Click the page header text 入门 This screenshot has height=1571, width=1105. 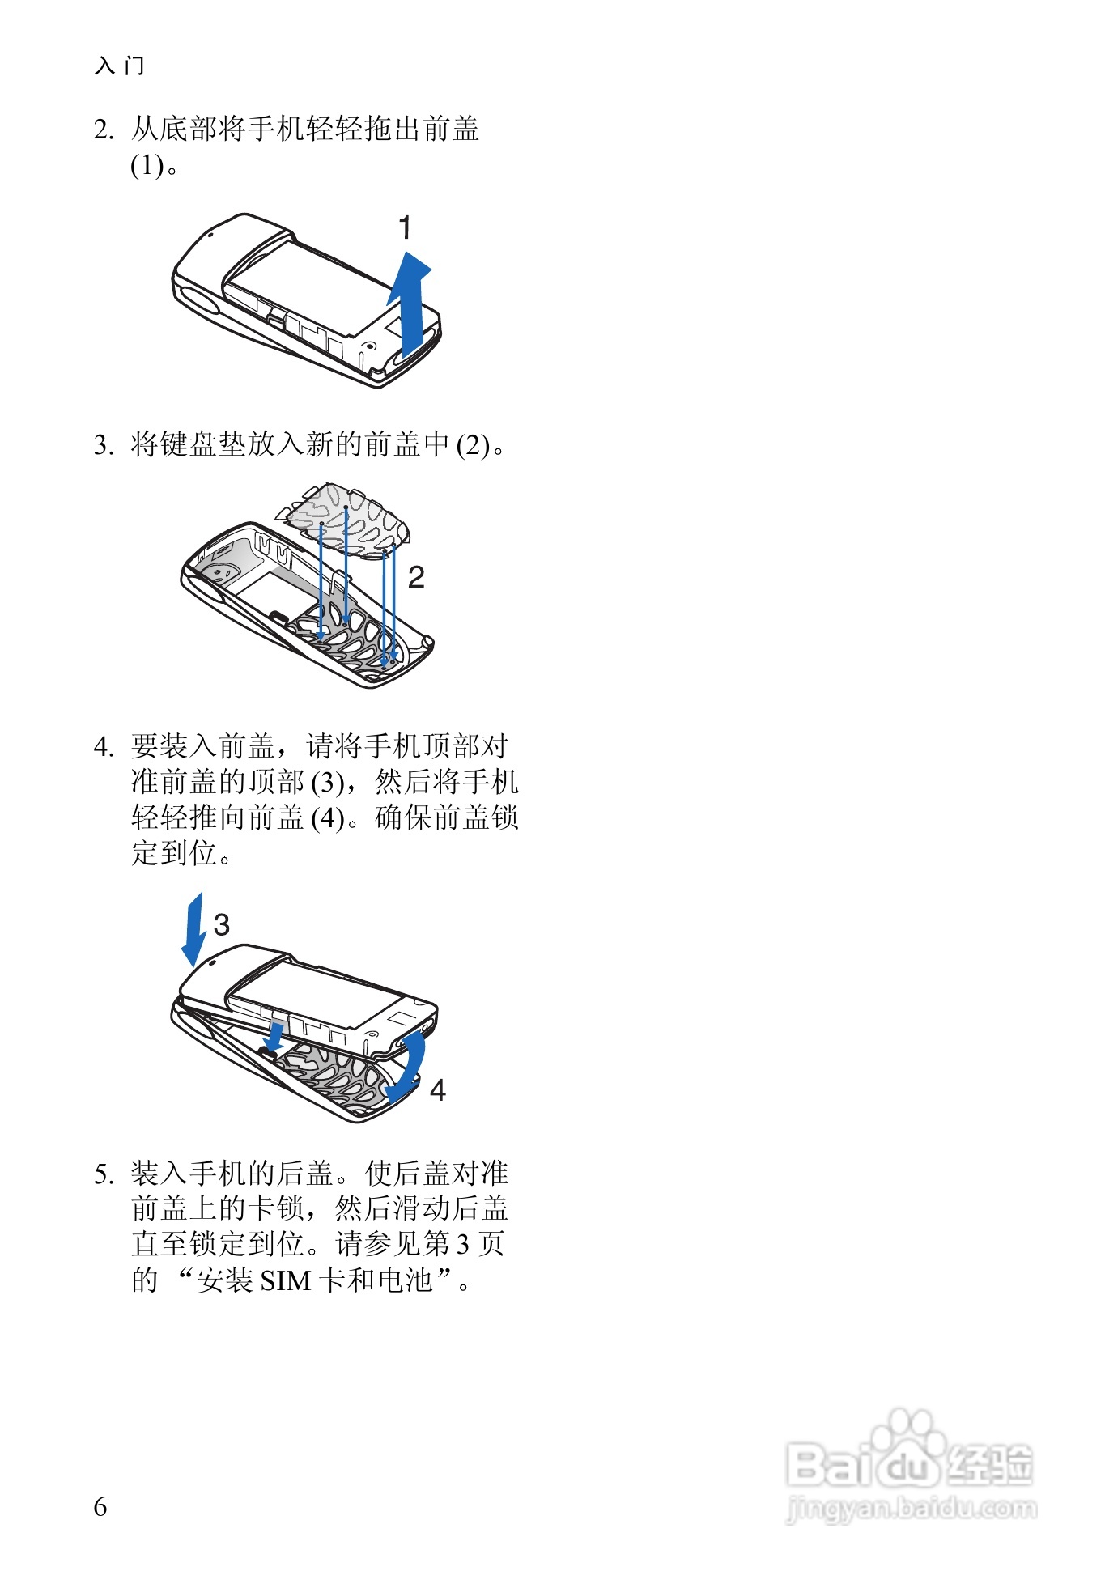120,66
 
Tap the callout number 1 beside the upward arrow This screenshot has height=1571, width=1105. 406,228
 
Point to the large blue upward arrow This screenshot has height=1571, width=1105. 410,304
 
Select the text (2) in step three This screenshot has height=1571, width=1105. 474,445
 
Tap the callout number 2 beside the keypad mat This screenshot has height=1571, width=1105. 416,577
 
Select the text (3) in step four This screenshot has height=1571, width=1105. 328,783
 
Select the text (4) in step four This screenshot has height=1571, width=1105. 328,818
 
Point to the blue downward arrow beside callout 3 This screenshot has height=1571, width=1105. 193,929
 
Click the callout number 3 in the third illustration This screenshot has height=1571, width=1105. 222,924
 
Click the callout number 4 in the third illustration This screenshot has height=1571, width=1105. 437,1090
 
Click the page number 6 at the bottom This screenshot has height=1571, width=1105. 100,1506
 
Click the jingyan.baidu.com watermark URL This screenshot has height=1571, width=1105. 911,1508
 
